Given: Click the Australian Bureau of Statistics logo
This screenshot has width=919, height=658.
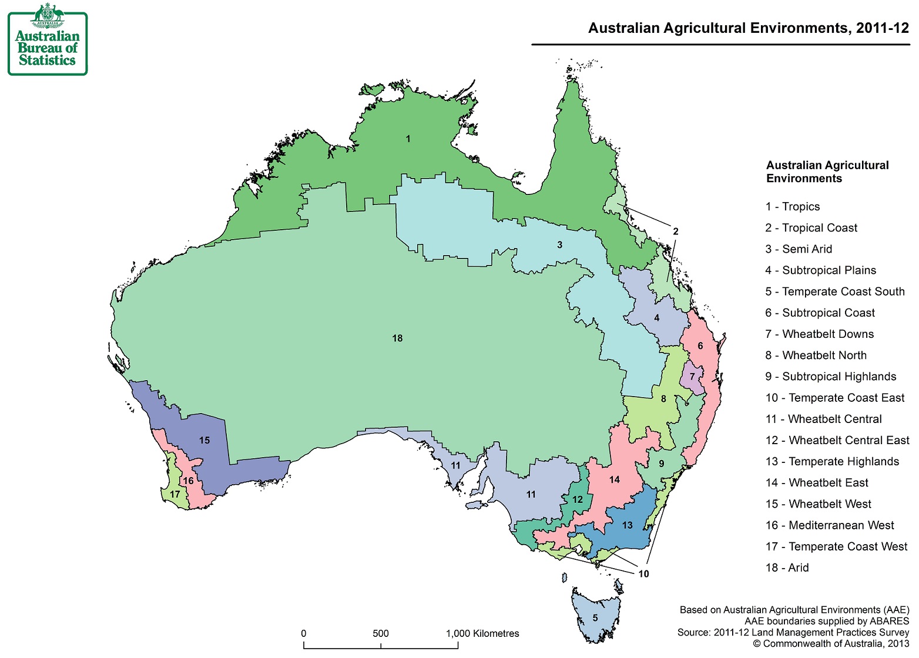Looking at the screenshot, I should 47,40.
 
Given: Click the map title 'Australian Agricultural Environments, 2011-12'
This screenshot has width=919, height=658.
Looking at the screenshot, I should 748,28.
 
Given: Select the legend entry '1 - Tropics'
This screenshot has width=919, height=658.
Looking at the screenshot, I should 792,207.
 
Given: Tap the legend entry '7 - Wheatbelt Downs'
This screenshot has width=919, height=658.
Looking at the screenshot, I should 819,334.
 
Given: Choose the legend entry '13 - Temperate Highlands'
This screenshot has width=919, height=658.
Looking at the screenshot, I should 832,462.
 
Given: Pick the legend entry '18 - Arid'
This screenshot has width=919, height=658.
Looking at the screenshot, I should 787,568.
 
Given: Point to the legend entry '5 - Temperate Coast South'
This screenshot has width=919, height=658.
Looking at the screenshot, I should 834,292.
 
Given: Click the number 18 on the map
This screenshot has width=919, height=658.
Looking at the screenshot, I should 397,338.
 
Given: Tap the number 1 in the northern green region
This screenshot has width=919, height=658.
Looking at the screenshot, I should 408,139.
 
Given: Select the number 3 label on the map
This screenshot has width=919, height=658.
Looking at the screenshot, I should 559,245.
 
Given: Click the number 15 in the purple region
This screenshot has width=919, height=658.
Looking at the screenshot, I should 204,441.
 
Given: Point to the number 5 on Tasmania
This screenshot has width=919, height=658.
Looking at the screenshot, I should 595,618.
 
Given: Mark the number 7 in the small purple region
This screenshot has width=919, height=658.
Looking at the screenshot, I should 692,377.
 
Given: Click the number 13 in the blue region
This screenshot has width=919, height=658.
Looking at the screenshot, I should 627,525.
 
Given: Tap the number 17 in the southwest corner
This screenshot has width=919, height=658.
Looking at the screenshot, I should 175,495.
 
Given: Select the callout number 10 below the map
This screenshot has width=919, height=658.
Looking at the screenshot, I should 643,574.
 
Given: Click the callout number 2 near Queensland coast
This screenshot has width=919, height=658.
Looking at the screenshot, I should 675,231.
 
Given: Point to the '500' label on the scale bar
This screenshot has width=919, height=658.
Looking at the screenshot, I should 380,634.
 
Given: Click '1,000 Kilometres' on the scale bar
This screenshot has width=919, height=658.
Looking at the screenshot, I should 482,634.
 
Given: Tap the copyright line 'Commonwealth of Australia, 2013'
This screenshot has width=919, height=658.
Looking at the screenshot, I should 831,644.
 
